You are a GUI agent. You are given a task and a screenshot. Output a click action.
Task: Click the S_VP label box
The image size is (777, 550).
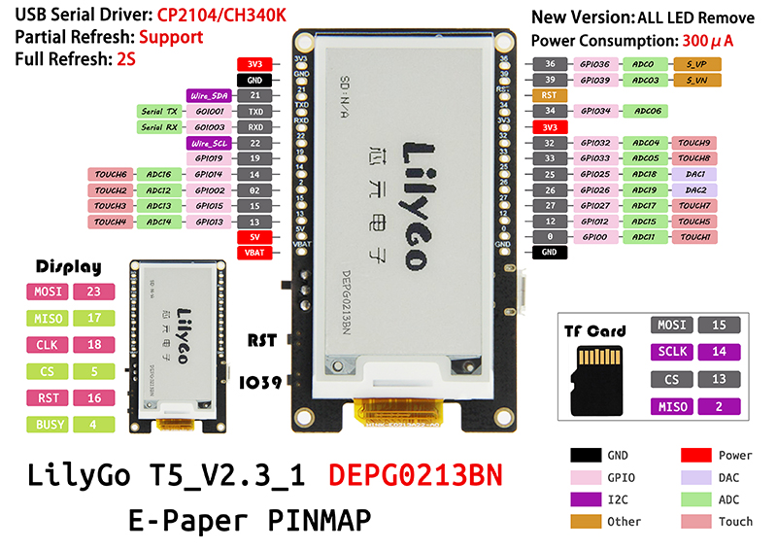(x=695, y=63)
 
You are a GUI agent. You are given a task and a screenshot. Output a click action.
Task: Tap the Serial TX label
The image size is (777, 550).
(x=158, y=112)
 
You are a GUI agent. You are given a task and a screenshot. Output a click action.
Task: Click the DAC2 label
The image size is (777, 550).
(x=695, y=190)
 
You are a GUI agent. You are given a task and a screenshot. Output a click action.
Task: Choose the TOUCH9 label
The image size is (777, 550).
(x=695, y=143)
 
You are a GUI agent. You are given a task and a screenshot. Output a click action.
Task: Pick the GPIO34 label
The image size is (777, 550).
(x=594, y=111)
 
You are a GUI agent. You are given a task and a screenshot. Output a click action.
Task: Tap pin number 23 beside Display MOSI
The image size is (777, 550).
(x=93, y=291)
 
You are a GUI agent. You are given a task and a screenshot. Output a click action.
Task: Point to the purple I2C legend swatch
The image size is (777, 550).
(x=585, y=499)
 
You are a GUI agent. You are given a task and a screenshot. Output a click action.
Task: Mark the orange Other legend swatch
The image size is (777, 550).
(x=585, y=521)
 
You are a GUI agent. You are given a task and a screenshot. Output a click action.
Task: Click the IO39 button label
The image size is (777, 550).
(x=263, y=382)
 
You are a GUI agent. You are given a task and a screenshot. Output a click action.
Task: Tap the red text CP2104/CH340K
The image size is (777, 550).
(x=205, y=16)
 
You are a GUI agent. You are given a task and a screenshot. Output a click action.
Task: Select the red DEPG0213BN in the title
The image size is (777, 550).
(x=417, y=476)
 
